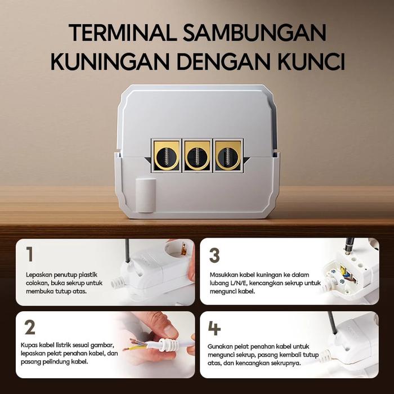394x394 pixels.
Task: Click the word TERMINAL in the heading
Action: point(123,33)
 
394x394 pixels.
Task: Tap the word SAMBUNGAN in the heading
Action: point(254,33)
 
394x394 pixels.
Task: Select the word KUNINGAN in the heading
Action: point(110,61)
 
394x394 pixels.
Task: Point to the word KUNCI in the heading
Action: point(311,61)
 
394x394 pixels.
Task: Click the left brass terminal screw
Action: point(166,156)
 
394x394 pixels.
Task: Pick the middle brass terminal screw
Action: point(197,156)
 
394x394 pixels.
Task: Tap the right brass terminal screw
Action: point(228,156)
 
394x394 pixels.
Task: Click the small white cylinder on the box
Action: point(146,195)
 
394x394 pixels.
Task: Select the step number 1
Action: point(30,254)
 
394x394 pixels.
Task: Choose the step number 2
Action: point(30,327)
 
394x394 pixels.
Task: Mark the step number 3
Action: point(214,256)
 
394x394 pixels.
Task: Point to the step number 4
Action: point(214,328)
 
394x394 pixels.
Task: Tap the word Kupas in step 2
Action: point(29,345)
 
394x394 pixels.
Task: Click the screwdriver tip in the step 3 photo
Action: point(347,253)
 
